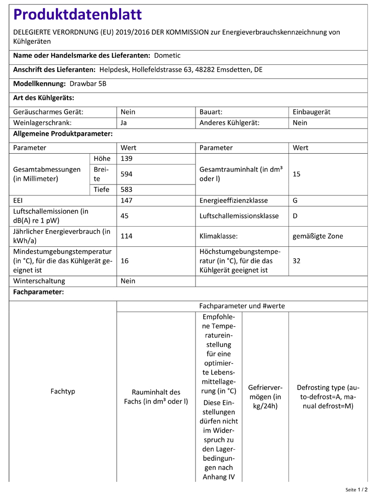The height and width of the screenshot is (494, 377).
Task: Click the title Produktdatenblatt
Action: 77,15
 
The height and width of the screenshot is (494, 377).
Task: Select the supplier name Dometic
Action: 167,55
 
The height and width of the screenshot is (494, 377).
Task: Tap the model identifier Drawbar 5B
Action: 88,84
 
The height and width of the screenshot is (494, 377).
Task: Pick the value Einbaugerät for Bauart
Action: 312,112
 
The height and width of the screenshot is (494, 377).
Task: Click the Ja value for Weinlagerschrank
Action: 124,122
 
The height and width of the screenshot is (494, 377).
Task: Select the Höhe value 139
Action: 127,159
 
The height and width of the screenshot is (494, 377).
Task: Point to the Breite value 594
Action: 127,174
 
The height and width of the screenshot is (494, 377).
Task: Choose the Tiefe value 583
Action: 127,189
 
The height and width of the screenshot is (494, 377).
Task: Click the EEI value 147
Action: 127,201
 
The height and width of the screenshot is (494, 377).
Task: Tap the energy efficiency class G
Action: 295,201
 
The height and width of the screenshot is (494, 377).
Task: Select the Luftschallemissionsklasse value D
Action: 295,216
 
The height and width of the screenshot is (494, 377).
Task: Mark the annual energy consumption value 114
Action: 127,236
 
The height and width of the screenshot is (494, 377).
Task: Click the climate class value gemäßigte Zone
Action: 318,236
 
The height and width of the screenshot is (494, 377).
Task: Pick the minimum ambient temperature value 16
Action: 125,260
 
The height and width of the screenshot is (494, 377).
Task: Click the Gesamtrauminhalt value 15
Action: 297,174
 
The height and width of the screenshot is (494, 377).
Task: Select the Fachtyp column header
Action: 63,391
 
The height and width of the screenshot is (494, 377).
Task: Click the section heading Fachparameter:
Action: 38,292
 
